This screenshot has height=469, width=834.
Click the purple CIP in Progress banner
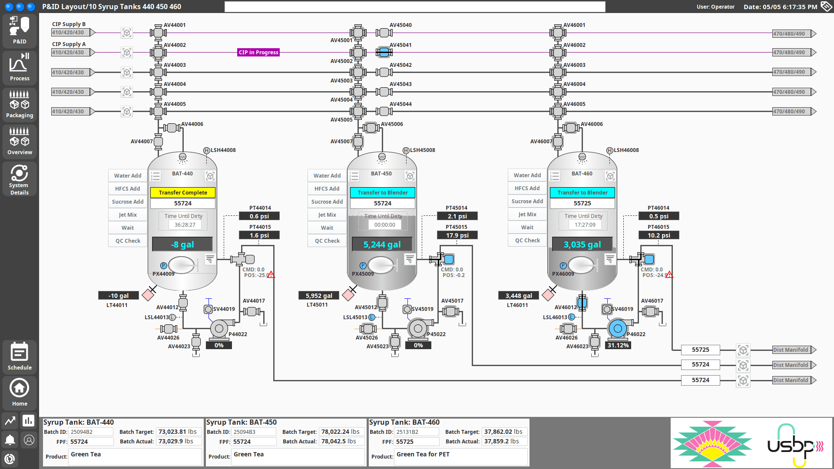coord(258,53)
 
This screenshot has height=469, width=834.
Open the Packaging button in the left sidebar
coord(20,105)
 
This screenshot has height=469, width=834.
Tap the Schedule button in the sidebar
coord(20,357)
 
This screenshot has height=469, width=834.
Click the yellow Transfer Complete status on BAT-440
coord(183,192)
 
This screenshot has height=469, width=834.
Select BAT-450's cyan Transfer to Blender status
coord(383,192)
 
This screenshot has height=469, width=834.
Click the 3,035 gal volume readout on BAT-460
coord(582,244)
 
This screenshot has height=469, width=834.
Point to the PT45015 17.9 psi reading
coord(457,235)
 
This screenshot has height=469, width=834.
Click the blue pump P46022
coord(617,329)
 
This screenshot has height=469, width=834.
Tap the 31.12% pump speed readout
coord(618,345)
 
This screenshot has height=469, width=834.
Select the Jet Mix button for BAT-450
coord(327,215)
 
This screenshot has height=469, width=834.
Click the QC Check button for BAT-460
coord(527,240)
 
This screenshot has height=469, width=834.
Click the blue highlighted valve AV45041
coord(384,53)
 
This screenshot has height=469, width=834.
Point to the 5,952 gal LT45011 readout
coord(319,296)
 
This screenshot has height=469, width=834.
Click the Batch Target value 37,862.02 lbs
coord(503,432)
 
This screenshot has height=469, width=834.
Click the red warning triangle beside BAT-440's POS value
coord(271,275)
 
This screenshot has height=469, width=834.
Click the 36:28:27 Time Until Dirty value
coord(185,225)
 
